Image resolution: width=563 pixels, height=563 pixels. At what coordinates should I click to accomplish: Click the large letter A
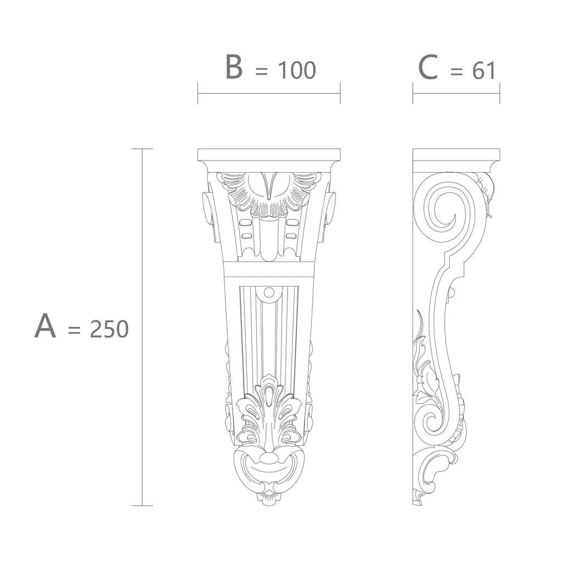coord(45,325)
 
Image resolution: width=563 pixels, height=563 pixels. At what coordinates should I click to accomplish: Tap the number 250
coord(109,329)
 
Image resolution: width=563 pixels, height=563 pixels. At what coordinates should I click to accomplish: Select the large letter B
coord(234,67)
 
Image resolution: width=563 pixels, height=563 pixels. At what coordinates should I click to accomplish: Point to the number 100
coord(297,70)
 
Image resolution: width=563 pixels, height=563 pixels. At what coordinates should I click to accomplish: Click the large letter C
coord(428,67)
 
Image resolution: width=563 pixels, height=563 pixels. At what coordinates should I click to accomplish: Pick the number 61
coord(484,70)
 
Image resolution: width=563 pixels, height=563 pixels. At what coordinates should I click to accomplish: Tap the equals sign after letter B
coord(261,71)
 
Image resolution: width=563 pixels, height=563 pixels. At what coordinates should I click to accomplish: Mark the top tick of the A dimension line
coord(142,148)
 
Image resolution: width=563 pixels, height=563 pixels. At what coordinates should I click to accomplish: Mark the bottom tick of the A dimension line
coord(142,506)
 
